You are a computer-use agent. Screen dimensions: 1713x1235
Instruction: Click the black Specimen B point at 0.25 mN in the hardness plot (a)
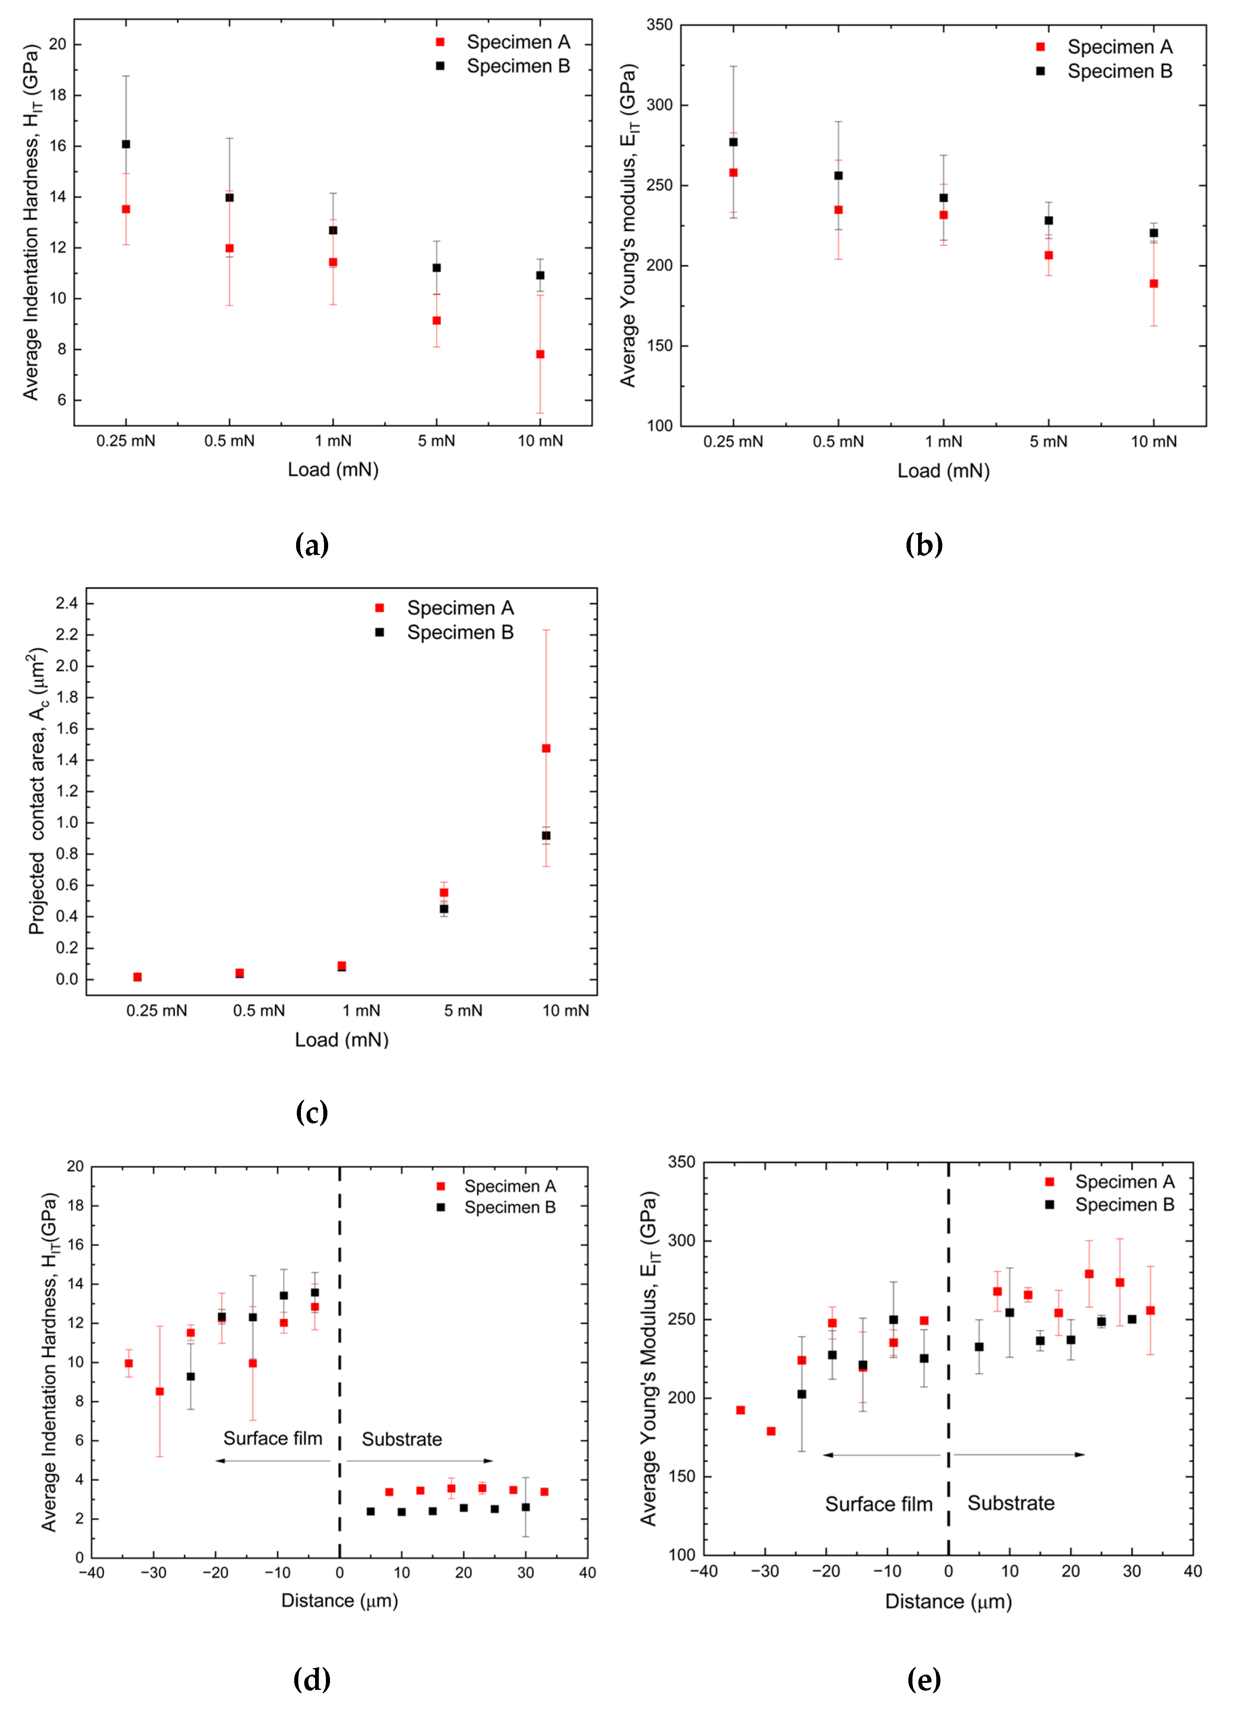pos(126,144)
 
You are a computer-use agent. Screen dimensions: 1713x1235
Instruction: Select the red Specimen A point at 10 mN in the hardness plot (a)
pos(540,354)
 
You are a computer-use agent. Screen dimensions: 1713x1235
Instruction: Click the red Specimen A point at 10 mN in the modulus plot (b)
pos(1153,284)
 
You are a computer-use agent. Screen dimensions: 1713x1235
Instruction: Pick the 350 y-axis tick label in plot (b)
pos(659,26)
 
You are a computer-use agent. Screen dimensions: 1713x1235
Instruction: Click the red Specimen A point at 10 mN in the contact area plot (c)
pos(546,749)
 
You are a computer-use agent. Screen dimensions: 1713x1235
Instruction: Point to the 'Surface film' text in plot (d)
pos(273,1438)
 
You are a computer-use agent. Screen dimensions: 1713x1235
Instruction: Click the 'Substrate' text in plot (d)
pos(402,1439)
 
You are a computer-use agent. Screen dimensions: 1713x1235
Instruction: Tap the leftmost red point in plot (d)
pos(129,1363)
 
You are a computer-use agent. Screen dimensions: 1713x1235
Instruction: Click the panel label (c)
pos(312,1113)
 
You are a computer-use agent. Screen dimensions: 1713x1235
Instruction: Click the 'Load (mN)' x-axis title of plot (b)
pos(943,471)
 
